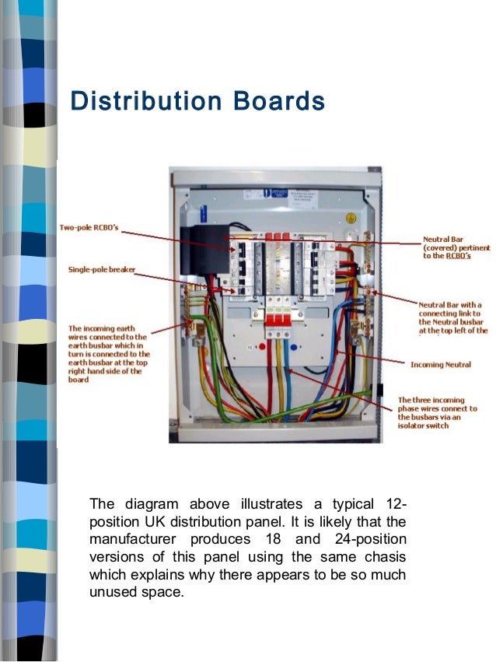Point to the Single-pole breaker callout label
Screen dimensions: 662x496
point(101,269)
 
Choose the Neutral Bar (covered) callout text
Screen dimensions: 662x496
point(456,248)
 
